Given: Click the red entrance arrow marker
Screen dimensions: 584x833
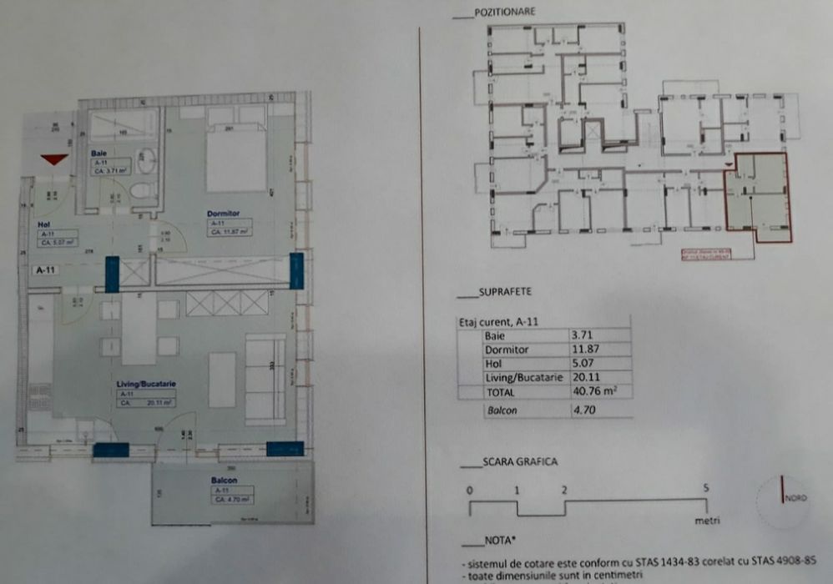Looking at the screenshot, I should click(x=54, y=159).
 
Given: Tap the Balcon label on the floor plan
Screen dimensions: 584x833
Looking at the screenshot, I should click(x=224, y=481).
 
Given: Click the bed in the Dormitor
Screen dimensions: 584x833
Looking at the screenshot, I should click(x=236, y=159).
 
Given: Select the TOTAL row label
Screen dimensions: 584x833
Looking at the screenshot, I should click(x=499, y=392).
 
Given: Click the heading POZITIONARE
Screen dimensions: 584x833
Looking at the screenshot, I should click(x=504, y=13).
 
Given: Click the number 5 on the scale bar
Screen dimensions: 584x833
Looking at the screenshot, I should click(x=706, y=488).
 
